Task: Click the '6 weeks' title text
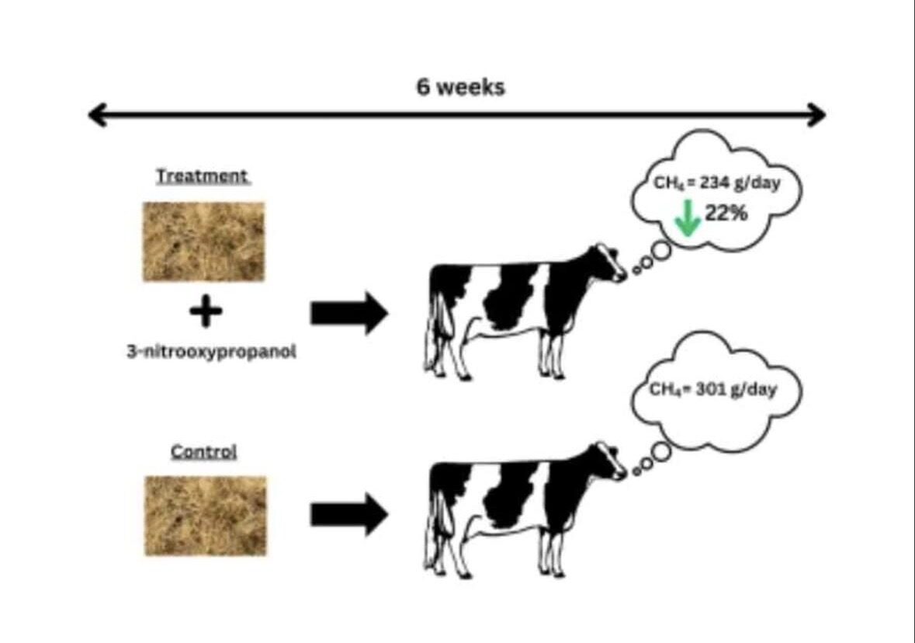pyautogui.click(x=460, y=87)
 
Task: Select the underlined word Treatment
pyautogui.click(x=202, y=176)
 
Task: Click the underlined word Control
pyautogui.click(x=203, y=451)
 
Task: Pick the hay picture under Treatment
pyautogui.click(x=203, y=242)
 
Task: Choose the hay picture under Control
pyautogui.click(x=206, y=516)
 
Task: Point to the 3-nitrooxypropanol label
pyautogui.click(x=212, y=352)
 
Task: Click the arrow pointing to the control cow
pyautogui.click(x=348, y=514)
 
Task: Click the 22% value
pyautogui.click(x=726, y=213)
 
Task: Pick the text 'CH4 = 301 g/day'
pyautogui.click(x=713, y=390)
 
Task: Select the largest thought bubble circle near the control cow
pyautogui.click(x=660, y=451)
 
